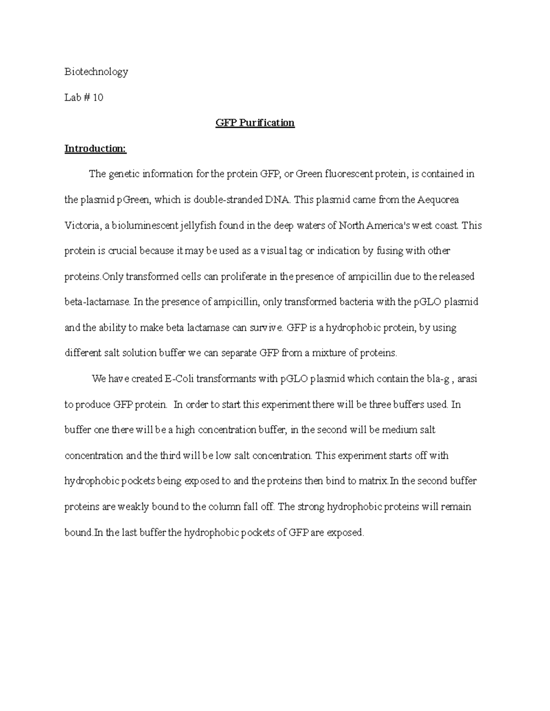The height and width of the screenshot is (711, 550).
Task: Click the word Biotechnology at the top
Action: click(96, 71)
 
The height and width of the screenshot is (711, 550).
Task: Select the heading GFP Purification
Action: click(255, 123)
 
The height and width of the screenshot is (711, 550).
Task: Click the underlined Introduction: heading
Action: click(95, 148)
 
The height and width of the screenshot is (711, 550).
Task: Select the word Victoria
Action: click(81, 225)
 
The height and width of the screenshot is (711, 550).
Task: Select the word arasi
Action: click(467, 379)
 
